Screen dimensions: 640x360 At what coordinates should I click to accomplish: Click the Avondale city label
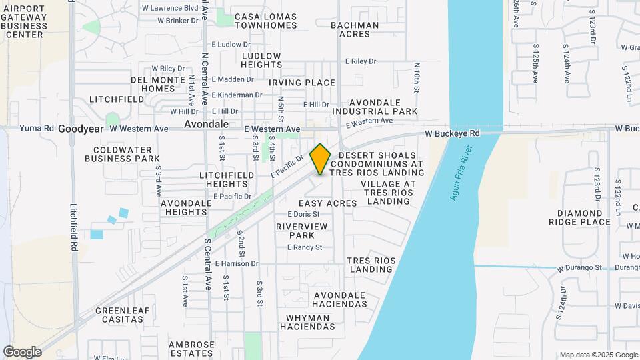pos(207,125)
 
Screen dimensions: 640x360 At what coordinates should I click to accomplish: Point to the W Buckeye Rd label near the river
pos(453,133)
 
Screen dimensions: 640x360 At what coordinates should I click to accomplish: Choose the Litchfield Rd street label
pos(73,227)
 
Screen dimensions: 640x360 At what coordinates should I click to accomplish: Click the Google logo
pos(22,351)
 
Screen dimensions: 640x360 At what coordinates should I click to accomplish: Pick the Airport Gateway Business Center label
pos(25,21)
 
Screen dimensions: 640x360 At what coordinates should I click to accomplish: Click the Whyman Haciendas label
pos(307,323)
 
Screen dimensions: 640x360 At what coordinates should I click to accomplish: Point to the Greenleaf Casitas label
pos(119,315)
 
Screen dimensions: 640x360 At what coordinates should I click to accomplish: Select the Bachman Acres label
pos(355,29)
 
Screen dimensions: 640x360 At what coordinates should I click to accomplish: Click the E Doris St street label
pos(304,214)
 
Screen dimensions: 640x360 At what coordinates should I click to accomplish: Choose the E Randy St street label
pos(305,247)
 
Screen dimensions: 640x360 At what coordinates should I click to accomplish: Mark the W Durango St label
pos(580,268)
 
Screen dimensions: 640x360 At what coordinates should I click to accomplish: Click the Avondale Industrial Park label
pos(375,107)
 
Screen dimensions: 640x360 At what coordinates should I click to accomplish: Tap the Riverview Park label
pos(302,231)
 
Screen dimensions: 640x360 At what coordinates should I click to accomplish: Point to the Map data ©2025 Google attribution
pos(598,355)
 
